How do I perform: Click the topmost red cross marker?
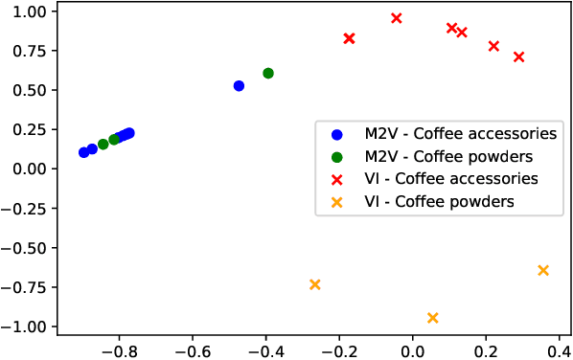(x=397, y=18)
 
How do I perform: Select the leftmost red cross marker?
(x=350, y=38)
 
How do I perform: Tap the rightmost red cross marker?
(x=518, y=57)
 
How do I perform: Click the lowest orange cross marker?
(x=433, y=318)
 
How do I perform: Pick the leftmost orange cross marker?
(x=315, y=284)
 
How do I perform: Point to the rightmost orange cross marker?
(x=543, y=270)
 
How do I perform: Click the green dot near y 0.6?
(x=268, y=73)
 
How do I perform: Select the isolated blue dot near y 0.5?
(x=239, y=86)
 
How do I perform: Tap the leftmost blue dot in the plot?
(x=84, y=152)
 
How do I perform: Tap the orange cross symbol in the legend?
(x=335, y=202)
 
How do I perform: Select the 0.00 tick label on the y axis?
(x=34, y=169)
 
